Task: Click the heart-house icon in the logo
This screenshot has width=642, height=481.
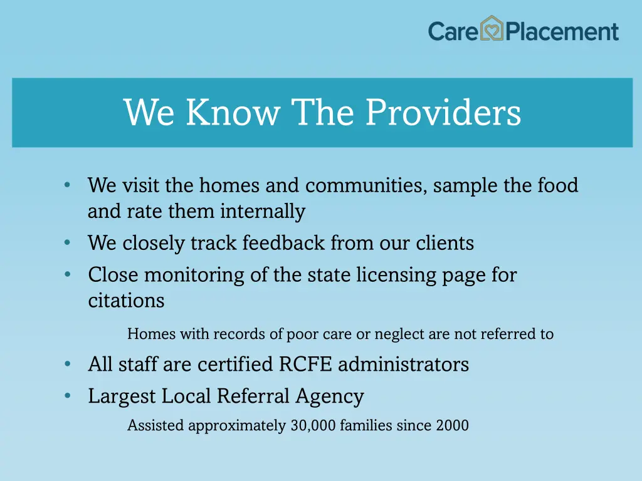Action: pyautogui.click(x=492, y=29)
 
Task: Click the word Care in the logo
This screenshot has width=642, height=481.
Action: pyautogui.click(x=453, y=31)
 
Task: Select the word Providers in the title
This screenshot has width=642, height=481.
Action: pyautogui.click(x=443, y=113)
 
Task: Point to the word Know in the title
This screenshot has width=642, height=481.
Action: pyautogui.click(x=233, y=113)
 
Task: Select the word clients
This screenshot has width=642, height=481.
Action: pyautogui.click(x=445, y=242)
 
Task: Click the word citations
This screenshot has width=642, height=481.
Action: pyautogui.click(x=126, y=301)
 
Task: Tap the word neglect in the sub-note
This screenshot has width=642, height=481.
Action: pyautogui.click(x=399, y=334)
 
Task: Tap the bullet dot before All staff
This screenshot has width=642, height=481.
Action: pyautogui.click(x=67, y=364)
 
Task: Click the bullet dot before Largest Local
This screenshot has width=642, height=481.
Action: pyautogui.click(x=67, y=396)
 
